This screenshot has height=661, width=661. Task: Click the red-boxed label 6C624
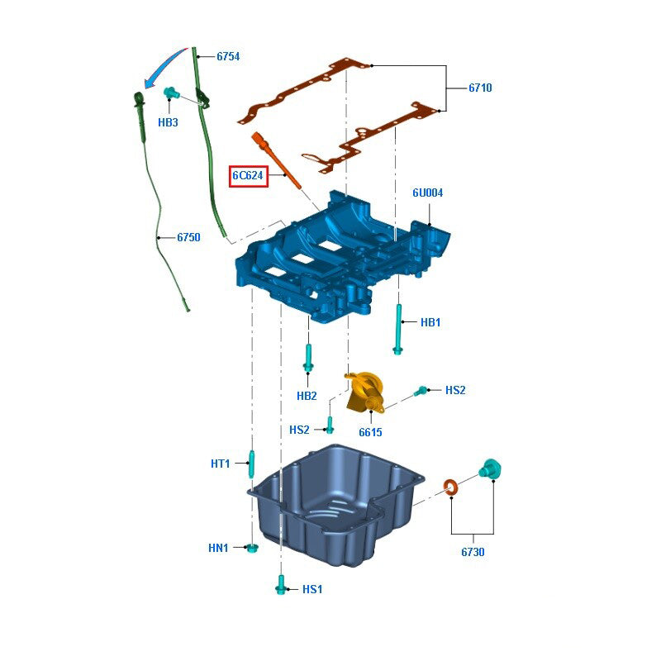click(249, 175)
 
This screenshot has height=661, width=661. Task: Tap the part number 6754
click(228, 57)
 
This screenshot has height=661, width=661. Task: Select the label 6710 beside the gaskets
click(480, 88)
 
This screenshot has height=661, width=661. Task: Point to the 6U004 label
click(428, 193)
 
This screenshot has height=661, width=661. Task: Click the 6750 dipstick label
click(188, 237)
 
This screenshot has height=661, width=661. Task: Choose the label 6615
click(370, 431)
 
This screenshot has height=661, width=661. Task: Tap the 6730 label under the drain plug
click(473, 552)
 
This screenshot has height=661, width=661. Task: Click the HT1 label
click(220, 464)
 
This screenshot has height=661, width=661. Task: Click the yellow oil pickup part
click(364, 392)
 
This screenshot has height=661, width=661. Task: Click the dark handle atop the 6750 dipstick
click(138, 102)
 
